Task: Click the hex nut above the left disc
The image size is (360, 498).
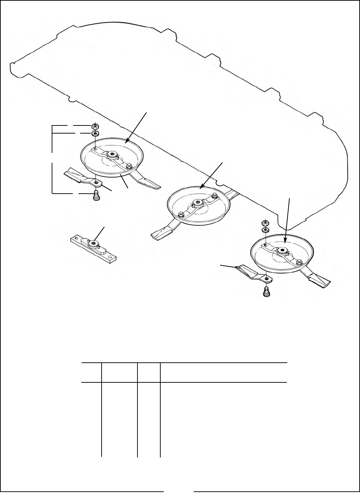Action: pos(95,126)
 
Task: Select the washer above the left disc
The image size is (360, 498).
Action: pos(95,134)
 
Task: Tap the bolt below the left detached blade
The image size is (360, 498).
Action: pos(96,195)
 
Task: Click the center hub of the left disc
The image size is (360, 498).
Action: pos(112,154)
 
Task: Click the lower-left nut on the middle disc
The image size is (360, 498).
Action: pos(181,214)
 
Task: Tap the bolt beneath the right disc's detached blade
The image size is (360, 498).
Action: pos(267,291)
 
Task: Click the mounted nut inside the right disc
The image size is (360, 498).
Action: pos(298,262)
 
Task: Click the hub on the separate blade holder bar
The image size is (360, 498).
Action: pos(93,243)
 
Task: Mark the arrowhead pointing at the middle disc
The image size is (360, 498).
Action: pos(201,188)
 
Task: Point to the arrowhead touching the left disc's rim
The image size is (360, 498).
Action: pos(127,143)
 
